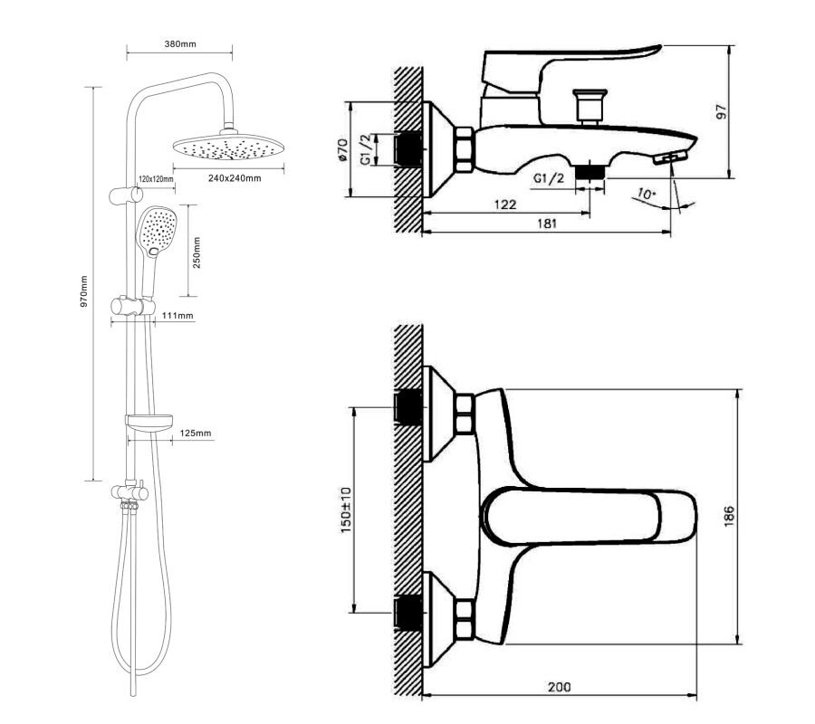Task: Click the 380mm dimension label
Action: [x=180, y=44]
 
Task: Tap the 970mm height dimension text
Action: [x=83, y=291]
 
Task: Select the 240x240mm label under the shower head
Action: [x=235, y=178]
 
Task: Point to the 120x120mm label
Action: [x=156, y=179]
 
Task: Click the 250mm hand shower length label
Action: [x=197, y=252]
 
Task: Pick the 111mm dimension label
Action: [x=177, y=315]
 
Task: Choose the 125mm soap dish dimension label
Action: [x=196, y=433]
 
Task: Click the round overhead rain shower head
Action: [x=229, y=146]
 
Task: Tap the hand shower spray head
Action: [x=157, y=231]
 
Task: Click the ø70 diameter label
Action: [x=342, y=149]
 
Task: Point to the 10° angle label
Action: [x=646, y=195]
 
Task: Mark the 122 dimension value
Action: [x=504, y=205]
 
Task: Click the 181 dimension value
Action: [x=546, y=224]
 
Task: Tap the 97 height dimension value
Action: [x=722, y=111]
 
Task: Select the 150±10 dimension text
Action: [x=346, y=510]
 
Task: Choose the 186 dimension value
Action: [x=729, y=516]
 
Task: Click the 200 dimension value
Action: [x=559, y=687]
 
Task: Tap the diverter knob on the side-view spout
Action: [x=590, y=107]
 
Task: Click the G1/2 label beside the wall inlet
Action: [x=367, y=149]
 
